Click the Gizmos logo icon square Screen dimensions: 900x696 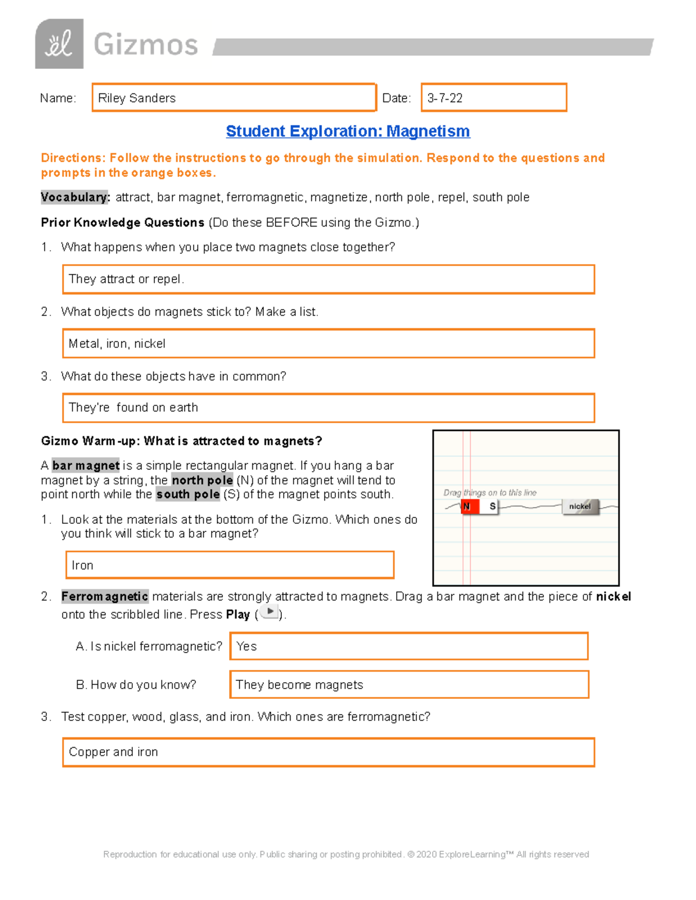[x=59, y=44]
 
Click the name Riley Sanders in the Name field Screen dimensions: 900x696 [x=137, y=98]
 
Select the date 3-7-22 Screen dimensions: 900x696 [x=445, y=98]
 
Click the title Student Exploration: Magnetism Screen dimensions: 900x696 [x=347, y=132]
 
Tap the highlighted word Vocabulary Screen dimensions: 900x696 [x=75, y=198]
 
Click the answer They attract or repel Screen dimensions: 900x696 [x=126, y=279]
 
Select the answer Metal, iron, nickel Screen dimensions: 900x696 [x=117, y=344]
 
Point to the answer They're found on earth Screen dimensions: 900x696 [x=133, y=407]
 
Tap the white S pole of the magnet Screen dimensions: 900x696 [x=492, y=507]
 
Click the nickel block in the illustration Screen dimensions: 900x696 [x=579, y=507]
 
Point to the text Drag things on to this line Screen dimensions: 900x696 [x=490, y=493]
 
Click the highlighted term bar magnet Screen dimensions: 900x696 [x=86, y=465]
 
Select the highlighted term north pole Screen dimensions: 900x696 [x=202, y=480]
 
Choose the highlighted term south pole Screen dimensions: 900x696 [x=188, y=494]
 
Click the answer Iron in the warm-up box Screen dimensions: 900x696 [x=82, y=565]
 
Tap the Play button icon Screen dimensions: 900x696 [x=270, y=611]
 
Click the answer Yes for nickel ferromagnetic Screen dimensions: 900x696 [x=246, y=646]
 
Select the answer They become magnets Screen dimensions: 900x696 [x=299, y=685]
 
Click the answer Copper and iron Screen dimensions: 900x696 [x=114, y=752]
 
